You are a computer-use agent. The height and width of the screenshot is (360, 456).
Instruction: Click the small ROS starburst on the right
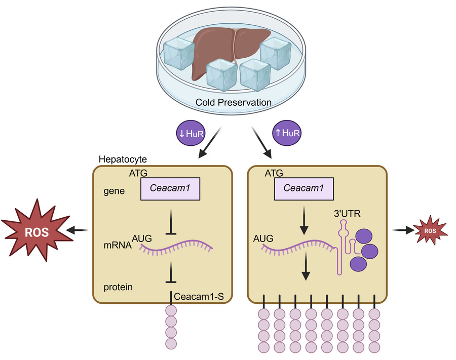pyautogui.click(x=430, y=230)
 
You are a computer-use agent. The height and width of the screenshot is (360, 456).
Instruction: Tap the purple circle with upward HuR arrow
pyautogui.click(x=287, y=133)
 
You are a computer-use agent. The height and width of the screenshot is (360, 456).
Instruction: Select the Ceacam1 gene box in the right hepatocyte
pyautogui.click(x=303, y=188)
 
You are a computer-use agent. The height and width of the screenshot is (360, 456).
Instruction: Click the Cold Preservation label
pyautogui.click(x=234, y=103)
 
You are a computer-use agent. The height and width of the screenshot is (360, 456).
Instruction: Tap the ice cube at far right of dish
pyautogui.click(x=275, y=53)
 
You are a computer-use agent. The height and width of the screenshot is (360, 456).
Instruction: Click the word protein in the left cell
pyautogui.click(x=118, y=287)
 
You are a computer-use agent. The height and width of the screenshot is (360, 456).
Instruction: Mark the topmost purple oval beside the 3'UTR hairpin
pyautogui.click(x=365, y=235)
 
